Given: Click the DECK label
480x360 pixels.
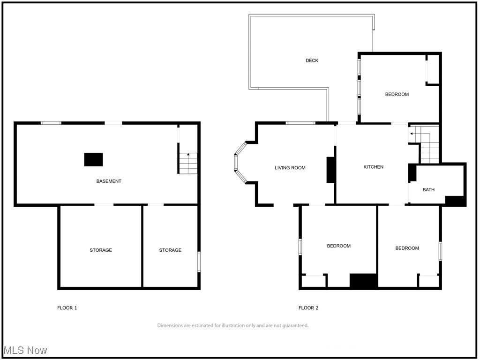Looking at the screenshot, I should (x=312, y=60).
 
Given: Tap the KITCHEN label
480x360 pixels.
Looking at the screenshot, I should (x=374, y=167).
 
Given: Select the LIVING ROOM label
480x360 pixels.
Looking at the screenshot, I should (x=290, y=168).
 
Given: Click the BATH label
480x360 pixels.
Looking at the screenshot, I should (x=428, y=190).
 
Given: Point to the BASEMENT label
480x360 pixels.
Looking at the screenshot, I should (x=109, y=181).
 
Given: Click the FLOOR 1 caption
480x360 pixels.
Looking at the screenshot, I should (x=67, y=308).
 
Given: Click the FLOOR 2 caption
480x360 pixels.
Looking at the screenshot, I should (x=308, y=308).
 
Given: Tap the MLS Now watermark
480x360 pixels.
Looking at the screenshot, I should (x=25, y=350).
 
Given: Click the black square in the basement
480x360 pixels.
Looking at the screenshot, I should (x=93, y=159).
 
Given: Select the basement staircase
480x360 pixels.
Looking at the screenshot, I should (x=187, y=163).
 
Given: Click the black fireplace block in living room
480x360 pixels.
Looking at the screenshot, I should (x=330, y=170).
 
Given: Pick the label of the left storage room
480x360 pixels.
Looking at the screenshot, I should (x=101, y=250).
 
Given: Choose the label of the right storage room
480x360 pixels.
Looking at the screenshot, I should (x=170, y=250).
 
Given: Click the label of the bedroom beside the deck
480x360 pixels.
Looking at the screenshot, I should (x=397, y=94).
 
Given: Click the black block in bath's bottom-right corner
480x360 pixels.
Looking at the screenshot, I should (x=455, y=201).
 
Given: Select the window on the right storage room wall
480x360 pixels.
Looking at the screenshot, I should (x=199, y=262).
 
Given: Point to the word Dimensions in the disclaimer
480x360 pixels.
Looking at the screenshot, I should (x=171, y=325).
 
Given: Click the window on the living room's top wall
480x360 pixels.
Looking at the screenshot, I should (x=300, y=123).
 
